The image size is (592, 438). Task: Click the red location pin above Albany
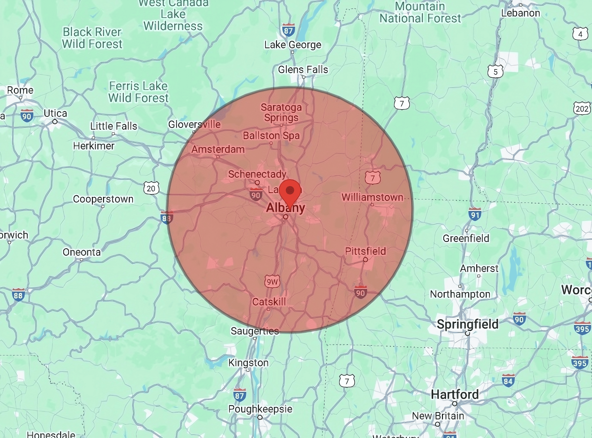tap(290, 191)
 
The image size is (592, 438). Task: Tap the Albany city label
tap(285, 208)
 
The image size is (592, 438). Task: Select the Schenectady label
tap(257, 174)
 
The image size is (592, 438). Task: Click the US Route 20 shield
tap(151, 188)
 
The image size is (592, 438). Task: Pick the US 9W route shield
tap(272, 281)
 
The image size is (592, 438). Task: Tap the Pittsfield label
tap(365, 251)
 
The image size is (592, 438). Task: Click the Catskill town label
tap(269, 302)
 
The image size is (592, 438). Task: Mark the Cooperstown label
tap(103, 199)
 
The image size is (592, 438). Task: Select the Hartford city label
tap(455, 394)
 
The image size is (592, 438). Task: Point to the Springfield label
tap(468, 324)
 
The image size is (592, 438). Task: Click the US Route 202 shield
tap(582, 108)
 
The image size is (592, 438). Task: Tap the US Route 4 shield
tap(580, 34)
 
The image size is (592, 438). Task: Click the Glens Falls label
tap(303, 69)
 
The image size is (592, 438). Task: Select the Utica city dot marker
tap(55, 122)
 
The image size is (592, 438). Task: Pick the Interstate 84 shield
tap(508, 381)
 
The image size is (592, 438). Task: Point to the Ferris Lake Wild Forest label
tap(139, 92)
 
